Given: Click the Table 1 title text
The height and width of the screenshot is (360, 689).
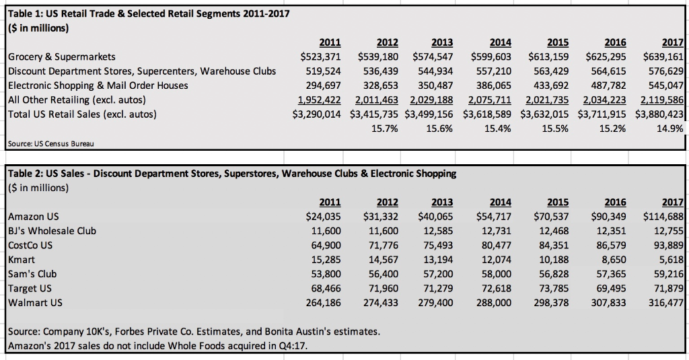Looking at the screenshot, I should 148,14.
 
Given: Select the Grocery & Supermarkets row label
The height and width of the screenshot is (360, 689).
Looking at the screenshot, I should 62,57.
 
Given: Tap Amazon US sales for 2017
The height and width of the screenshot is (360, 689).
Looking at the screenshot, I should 663,217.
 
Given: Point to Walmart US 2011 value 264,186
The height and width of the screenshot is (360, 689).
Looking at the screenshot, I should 320,303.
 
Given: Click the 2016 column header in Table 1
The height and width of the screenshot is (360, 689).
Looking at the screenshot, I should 615,42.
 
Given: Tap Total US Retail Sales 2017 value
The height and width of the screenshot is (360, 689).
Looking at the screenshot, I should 659,114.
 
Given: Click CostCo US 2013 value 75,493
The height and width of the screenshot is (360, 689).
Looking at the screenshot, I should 435,246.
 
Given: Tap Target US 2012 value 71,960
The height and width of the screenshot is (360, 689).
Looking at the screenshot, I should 378,289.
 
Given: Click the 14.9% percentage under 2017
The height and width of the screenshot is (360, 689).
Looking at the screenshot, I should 668,129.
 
